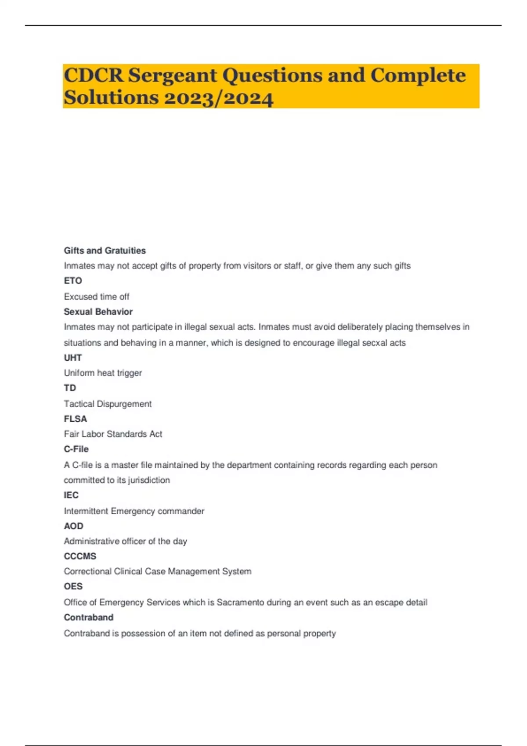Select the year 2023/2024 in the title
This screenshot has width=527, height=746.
[218, 97]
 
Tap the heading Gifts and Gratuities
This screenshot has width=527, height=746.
[105, 251]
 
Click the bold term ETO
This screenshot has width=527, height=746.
[73, 281]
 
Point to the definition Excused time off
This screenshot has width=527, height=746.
[97, 297]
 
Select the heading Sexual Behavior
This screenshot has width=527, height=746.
[98, 312]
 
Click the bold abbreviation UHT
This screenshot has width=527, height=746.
[73, 358]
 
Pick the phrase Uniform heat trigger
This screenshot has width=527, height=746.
[103, 373]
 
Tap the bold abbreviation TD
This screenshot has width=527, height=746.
[70, 388]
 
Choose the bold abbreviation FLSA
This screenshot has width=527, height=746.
[75, 419]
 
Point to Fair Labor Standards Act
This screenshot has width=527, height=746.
[113, 434]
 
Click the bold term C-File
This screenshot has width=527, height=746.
[76, 449]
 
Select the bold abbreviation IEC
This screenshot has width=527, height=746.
[71, 495]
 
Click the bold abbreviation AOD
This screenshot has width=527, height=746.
[73, 526]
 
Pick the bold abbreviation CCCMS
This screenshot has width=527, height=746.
[80, 556]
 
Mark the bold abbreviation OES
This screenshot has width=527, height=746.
[73, 586]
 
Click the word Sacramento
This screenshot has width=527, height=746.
[240, 603]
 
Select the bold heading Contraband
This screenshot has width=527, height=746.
[88, 617]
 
